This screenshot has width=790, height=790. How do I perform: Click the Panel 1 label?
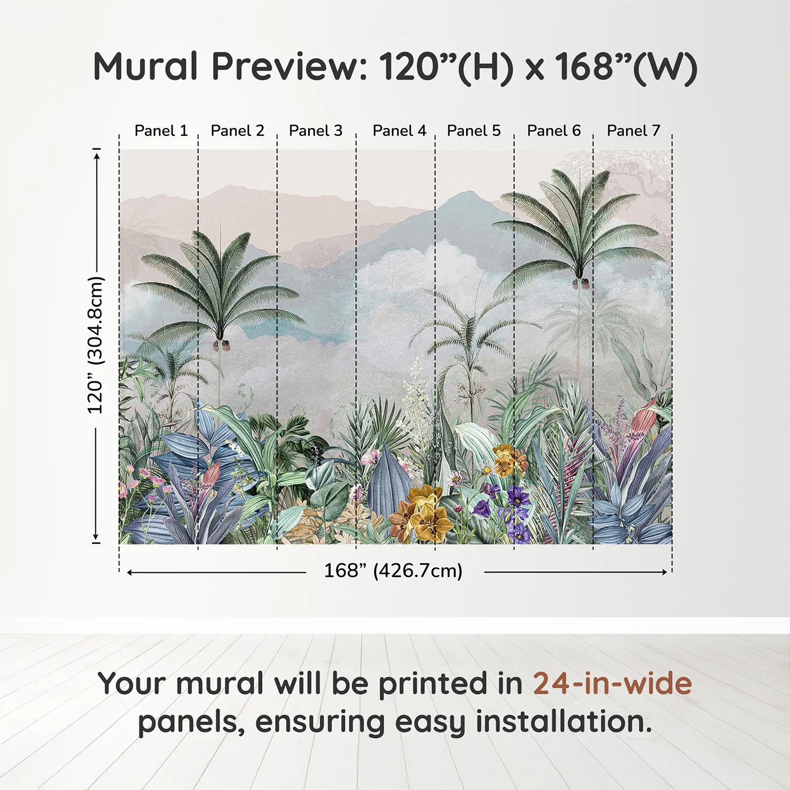tap(161, 131)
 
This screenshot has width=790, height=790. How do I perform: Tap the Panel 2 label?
tap(237, 131)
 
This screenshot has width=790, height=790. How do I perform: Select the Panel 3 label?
tap(315, 131)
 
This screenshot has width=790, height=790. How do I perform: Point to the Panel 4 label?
tap(400, 131)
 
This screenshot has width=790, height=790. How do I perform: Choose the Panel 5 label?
tap(473, 131)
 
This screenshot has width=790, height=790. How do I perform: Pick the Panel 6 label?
tap(554, 131)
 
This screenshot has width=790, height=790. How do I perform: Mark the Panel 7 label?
tap(633, 131)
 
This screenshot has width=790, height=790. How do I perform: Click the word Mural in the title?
tap(146, 67)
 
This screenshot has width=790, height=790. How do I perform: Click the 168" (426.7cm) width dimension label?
tap(393, 571)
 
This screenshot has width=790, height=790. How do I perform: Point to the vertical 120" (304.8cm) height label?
tap(96, 345)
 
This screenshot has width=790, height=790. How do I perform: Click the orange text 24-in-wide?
tap(612, 684)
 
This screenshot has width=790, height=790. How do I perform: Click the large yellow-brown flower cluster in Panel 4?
tap(423, 513)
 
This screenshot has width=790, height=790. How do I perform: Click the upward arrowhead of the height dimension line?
tap(97, 153)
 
